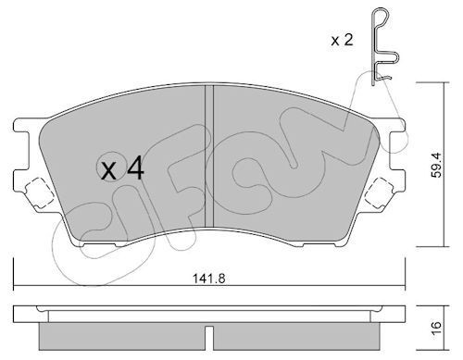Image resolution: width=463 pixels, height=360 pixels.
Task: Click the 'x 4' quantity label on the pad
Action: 122,168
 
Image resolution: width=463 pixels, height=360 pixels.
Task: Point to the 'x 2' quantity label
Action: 344,40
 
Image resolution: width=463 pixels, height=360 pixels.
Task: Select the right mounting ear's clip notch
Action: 381,193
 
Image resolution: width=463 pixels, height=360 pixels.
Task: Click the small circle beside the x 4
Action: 108,167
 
